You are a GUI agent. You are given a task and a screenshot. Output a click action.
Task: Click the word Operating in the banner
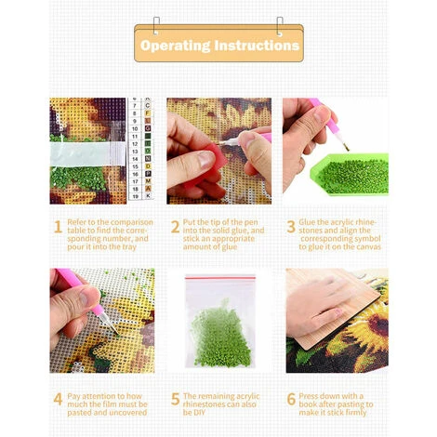175,46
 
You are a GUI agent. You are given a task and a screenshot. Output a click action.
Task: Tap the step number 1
58,227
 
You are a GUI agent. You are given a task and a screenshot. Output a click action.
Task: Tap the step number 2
175,227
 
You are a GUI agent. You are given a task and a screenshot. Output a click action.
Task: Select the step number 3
291,227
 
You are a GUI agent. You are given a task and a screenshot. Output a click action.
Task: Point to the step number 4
58,399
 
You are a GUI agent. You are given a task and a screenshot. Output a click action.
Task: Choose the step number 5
175,399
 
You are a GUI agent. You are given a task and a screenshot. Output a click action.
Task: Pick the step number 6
291,399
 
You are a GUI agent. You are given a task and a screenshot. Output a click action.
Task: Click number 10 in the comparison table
135,128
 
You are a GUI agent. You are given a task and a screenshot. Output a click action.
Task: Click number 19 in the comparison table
135,196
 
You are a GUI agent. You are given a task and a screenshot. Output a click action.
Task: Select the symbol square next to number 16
148,174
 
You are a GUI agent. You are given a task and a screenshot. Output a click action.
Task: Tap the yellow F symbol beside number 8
148,113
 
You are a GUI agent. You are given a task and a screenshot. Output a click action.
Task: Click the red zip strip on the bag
220,278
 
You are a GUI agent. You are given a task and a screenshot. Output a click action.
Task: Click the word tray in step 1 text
128,247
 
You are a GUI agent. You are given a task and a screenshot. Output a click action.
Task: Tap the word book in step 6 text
308,404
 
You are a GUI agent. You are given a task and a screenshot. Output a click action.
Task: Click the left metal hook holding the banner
156,26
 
